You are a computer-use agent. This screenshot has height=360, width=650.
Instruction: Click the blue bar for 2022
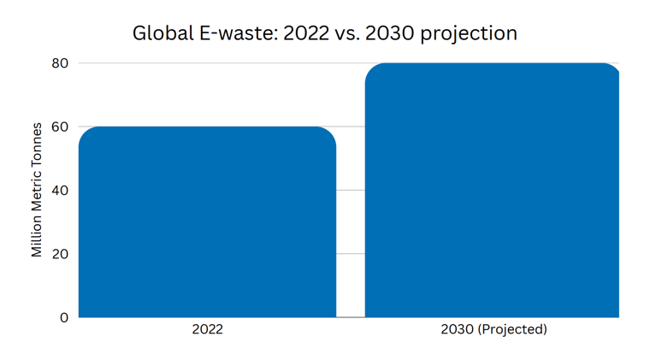(x=207, y=222)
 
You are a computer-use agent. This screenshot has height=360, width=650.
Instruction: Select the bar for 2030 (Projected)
(x=492, y=190)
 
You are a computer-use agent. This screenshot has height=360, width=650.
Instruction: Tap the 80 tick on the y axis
(x=59, y=63)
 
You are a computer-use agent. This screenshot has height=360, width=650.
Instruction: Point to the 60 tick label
(x=59, y=127)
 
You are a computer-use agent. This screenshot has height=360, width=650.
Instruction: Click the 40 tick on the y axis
(x=59, y=190)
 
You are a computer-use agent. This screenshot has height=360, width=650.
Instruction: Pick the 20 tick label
(x=59, y=254)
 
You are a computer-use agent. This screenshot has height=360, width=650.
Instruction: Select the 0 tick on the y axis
(x=64, y=317)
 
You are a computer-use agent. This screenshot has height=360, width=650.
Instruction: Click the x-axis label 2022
(x=207, y=329)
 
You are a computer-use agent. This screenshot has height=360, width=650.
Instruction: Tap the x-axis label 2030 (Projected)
(x=493, y=329)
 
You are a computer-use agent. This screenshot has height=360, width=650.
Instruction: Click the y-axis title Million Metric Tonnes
(x=37, y=190)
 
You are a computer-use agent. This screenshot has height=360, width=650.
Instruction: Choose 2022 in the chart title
(x=303, y=33)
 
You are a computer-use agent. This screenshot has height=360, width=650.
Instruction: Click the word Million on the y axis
(x=37, y=234)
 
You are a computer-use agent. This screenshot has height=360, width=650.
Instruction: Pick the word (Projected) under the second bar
(x=512, y=329)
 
